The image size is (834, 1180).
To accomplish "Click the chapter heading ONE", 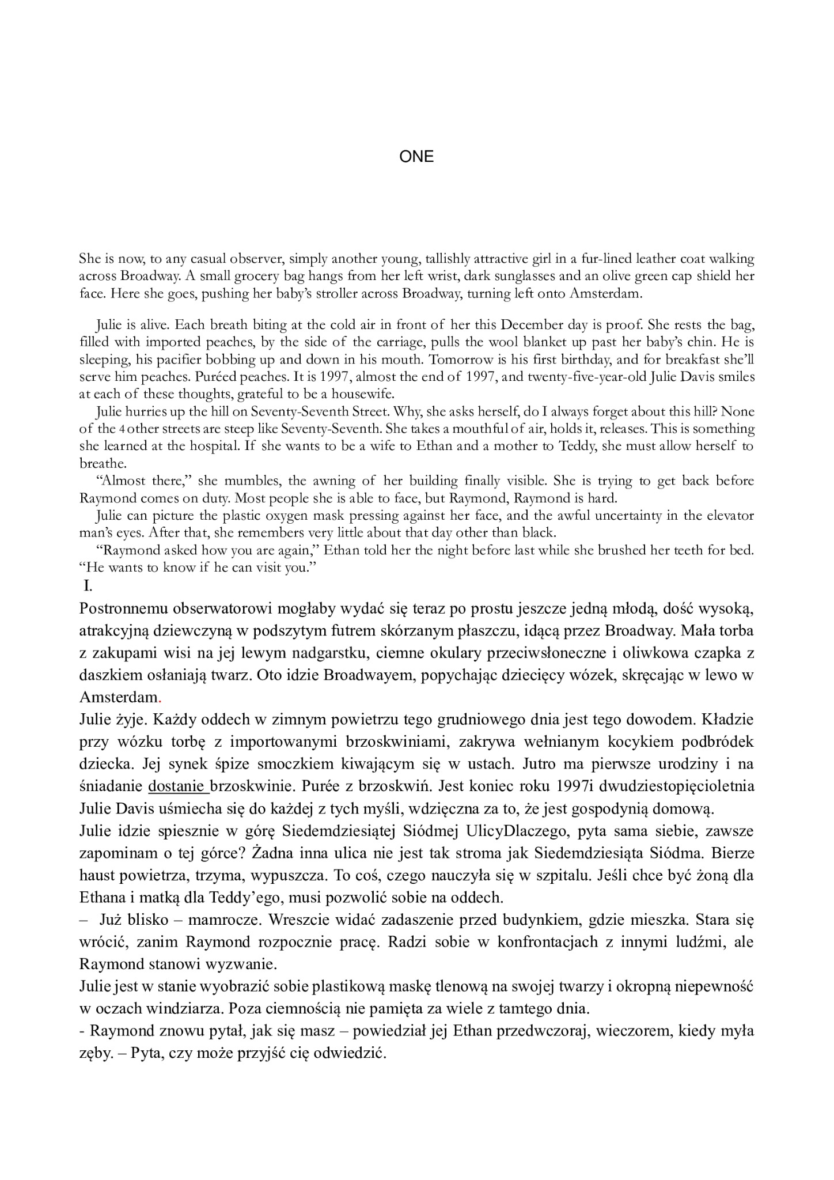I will tap(416, 157).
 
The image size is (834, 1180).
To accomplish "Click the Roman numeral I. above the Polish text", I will tap(88, 586).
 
